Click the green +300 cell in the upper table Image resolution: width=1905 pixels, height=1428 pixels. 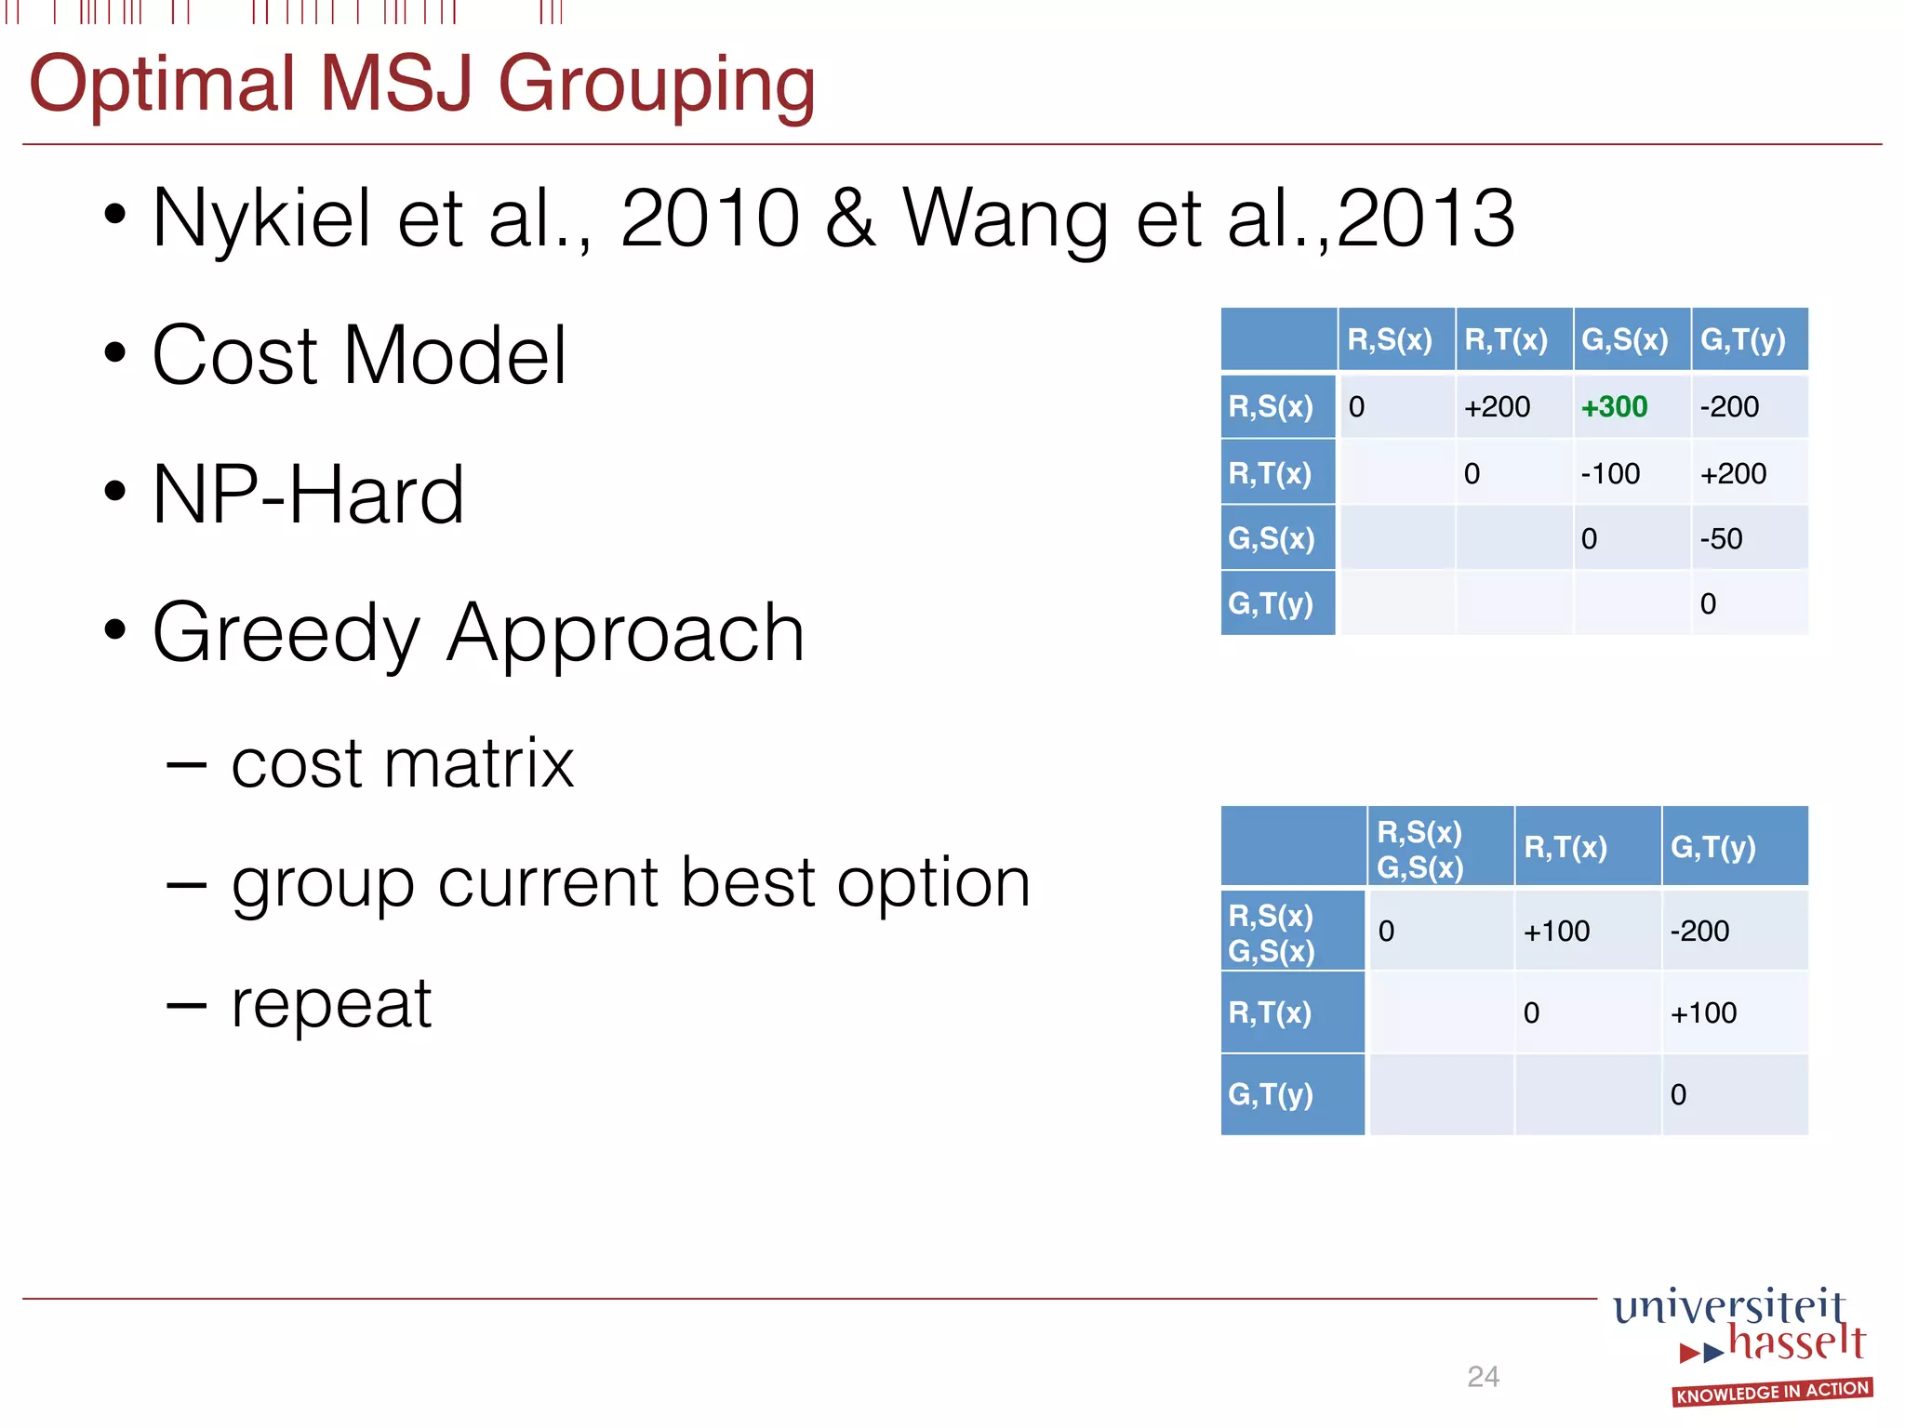pyautogui.click(x=1614, y=406)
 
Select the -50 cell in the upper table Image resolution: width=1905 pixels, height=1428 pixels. pyautogui.click(x=1721, y=538)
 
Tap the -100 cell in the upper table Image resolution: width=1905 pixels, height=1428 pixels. pyautogui.click(x=1610, y=473)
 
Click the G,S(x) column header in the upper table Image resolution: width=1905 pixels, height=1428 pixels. pyautogui.click(x=1625, y=339)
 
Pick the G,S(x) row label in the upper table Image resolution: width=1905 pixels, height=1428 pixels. pyautogui.click(x=1272, y=538)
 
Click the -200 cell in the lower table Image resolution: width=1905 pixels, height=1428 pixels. pyautogui.click(x=1699, y=931)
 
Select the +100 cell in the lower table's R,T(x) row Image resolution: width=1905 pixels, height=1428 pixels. pyautogui.click(x=1703, y=1012)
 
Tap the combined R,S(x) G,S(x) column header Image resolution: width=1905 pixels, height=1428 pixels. pyautogui.click(x=1419, y=849)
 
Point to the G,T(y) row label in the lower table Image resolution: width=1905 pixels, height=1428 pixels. pyautogui.click(x=1271, y=1094)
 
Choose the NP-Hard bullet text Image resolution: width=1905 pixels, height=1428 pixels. pyautogui.click(x=308, y=495)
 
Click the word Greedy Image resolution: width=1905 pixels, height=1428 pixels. pyautogui.click(x=286, y=633)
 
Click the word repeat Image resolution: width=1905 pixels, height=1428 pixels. pyautogui.click(x=331, y=1004)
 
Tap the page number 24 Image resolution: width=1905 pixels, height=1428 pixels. pyautogui.click(x=1483, y=1376)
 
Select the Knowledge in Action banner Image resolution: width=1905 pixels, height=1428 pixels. pyautogui.click(x=1772, y=1392)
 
